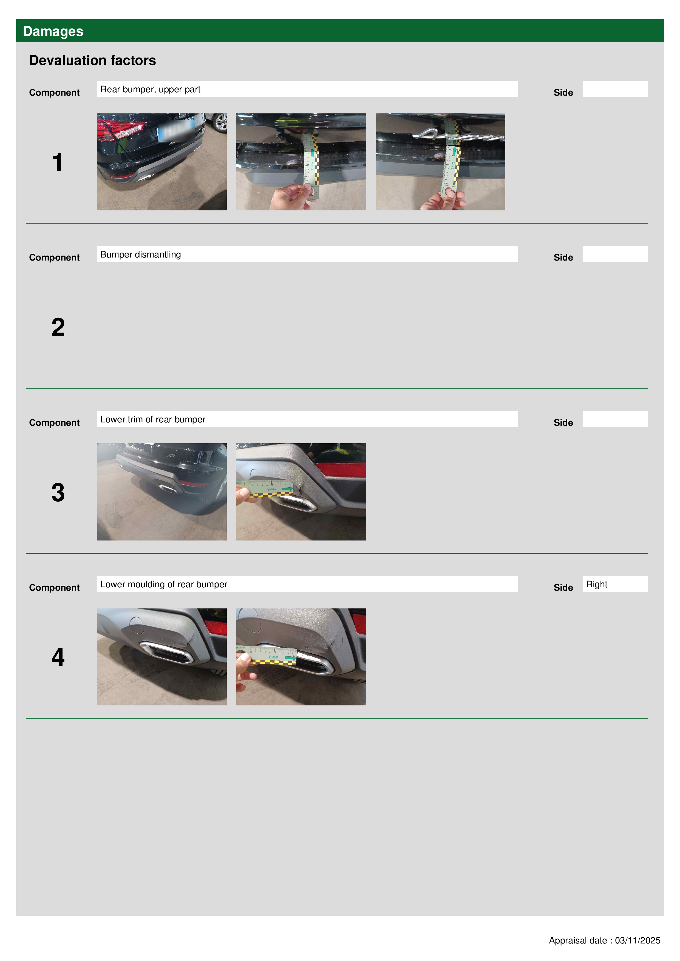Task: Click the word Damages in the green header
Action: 53,32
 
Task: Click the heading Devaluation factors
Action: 93,60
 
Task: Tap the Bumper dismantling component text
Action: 140,254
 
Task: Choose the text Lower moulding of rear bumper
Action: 163,584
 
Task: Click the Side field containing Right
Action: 615,584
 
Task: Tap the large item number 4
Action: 58,657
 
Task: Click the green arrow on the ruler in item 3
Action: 287,488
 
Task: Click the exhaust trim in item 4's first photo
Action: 166,652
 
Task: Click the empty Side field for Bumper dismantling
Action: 615,254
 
